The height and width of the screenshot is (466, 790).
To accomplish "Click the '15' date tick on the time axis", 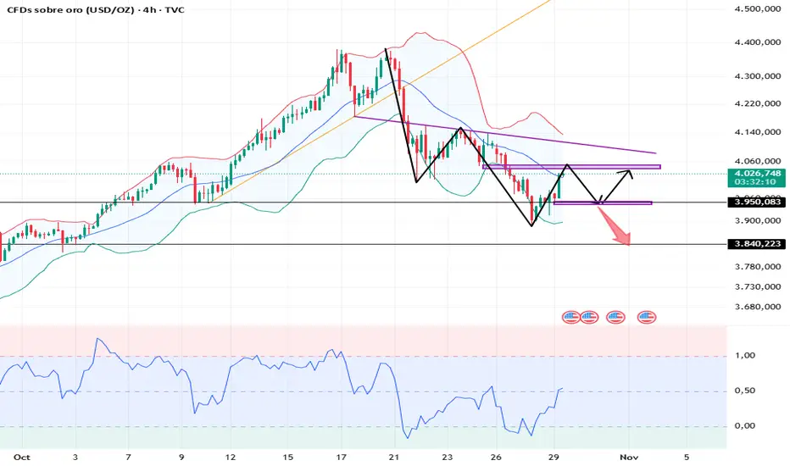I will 289,457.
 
